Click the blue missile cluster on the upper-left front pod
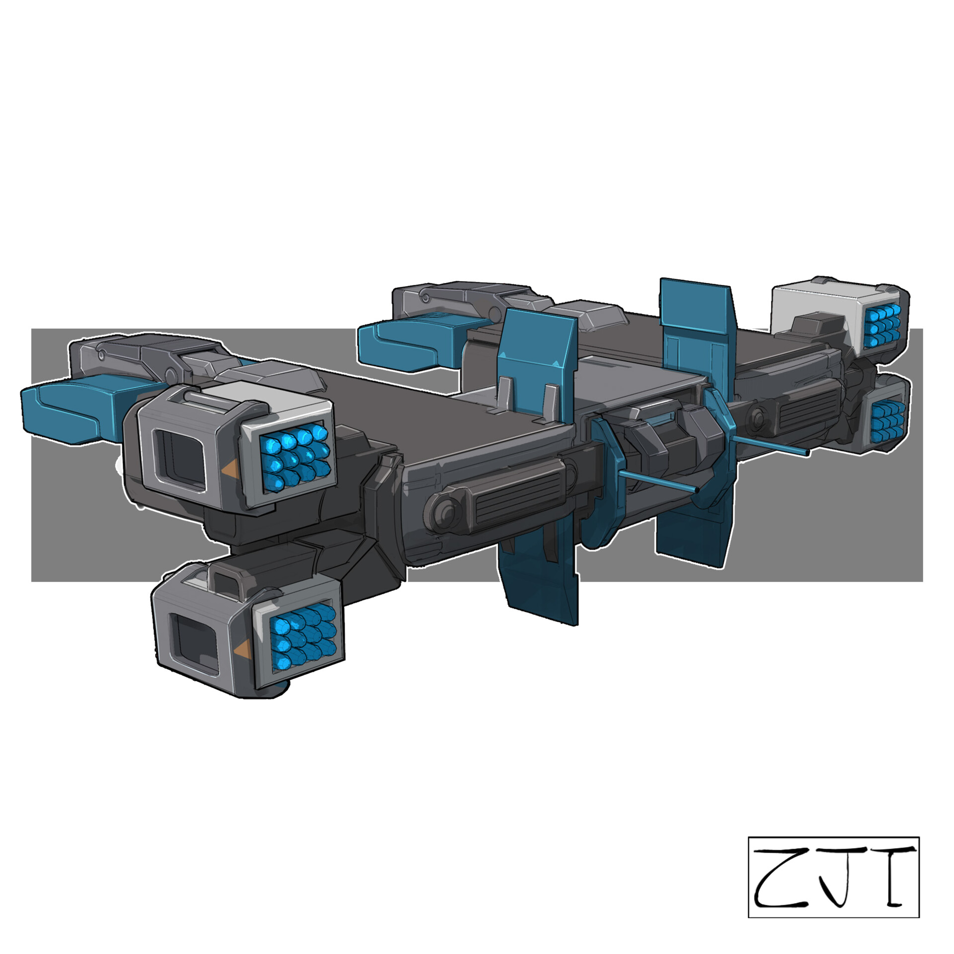click(x=296, y=456)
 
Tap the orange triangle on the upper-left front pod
click(x=229, y=469)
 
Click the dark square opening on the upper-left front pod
click(x=179, y=458)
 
